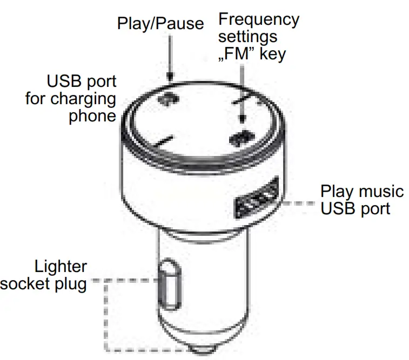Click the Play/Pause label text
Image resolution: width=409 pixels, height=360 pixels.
(161, 23)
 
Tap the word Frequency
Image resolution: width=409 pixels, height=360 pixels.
(258, 20)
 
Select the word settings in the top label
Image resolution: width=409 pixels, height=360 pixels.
(247, 37)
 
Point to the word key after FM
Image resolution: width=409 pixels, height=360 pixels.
(272, 54)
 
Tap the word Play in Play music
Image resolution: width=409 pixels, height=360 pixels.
(336, 191)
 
